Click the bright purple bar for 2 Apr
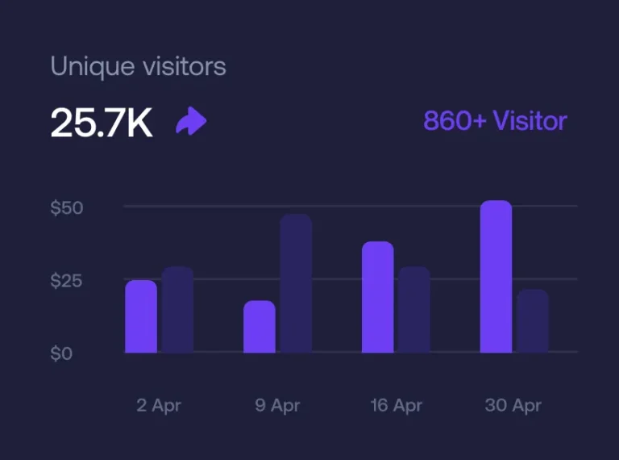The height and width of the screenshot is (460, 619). (x=141, y=316)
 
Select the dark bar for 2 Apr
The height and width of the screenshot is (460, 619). (x=177, y=310)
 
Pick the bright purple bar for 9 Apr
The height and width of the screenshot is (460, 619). (x=260, y=327)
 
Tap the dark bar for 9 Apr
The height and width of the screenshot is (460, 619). (x=296, y=283)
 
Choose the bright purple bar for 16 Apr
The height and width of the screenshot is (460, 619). (x=377, y=297)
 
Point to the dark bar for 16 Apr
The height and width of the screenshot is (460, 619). (x=414, y=310)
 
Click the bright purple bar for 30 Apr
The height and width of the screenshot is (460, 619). (x=496, y=277)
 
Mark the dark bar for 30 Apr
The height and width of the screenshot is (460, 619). (x=532, y=321)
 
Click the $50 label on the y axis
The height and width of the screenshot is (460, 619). (x=67, y=207)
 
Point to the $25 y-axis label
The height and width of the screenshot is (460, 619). (x=67, y=281)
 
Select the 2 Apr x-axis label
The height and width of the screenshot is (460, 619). (x=159, y=405)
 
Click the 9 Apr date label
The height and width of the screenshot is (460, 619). (x=277, y=405)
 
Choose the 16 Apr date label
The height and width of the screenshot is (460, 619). (x=396, y=405)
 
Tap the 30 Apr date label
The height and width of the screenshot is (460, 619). (x=513, y=405)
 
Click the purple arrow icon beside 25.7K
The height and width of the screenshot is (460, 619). (x=191, y=122)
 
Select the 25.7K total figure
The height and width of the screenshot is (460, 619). (x=102, y=122)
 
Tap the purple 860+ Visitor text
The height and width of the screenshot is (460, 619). (x=495, y=121)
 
